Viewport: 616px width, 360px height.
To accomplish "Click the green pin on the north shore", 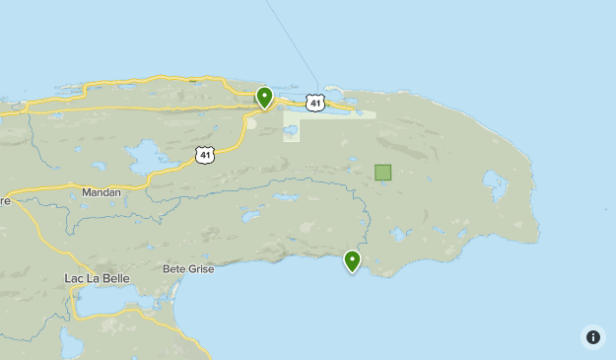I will click(x=264, y=97).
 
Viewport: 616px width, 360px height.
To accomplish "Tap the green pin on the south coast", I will click(x=352, y=260).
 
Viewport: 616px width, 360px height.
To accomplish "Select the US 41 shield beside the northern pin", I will click(x=313, y=103).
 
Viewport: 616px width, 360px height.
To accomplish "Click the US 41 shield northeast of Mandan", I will click(x=204, y=155).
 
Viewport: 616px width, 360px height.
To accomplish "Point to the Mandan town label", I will click(x=103, y=193).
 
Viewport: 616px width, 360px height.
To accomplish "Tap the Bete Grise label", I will click(x=185, y=268).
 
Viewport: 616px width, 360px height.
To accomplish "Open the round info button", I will click(x=592, y=336).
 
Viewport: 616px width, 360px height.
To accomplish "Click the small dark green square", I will click(x=382, y=173).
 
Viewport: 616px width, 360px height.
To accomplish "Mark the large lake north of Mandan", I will click(x=144, y=156).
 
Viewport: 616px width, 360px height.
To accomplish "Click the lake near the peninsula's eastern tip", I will click(x=494, y=182).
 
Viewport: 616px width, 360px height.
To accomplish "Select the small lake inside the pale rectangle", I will click(x=291, y=129).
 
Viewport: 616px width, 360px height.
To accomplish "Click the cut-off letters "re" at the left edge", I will click(x=5, y=200).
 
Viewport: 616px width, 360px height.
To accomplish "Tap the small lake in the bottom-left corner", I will click(x=70, y=343).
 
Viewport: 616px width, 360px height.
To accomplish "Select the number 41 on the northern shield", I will click(x=313, y=104).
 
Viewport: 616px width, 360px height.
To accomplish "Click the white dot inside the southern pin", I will click(x=352, y=258).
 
